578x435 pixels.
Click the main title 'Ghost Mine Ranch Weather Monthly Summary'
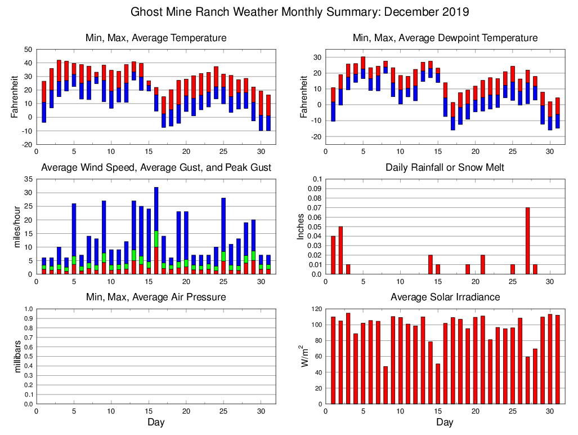click(x=299, y=12)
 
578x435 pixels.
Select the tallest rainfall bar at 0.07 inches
click(x=527, y=241)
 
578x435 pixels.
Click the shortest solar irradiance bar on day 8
click(x=386, y=385)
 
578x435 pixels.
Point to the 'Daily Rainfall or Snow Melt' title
click(x=445, y=167)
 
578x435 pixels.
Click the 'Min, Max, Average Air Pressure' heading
click(x=156, y=297)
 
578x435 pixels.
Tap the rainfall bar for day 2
click(x=340, y=250)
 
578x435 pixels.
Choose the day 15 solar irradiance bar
click(x=438, y=384)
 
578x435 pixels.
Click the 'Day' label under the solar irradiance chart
click(x=445, y=423)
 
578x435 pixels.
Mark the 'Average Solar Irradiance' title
click(x=445, y=297)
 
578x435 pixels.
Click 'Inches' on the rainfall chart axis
click(x=301, y=227)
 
